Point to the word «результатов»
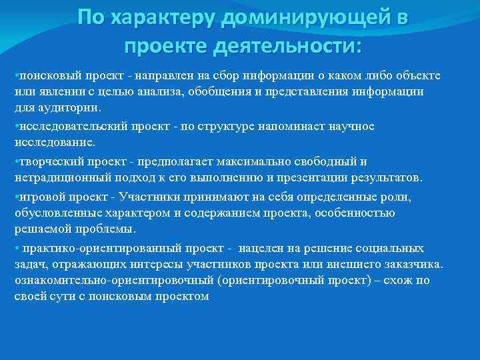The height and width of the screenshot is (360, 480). [383, 179]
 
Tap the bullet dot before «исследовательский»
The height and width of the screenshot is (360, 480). [16, 126]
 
